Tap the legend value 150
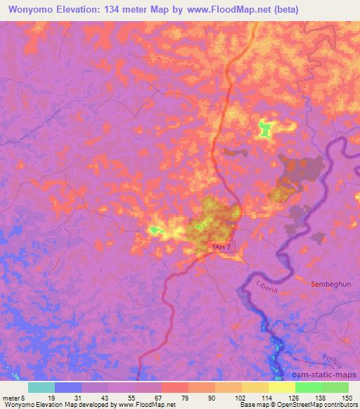click(x=345, y=398)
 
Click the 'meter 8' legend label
click(x=13, y=398)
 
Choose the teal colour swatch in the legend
click(x=41, y=387)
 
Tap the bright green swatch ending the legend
click(x=335, y=387)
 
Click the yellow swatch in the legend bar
click(x=282, y=387)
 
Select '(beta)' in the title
click(x=281, y=10)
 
